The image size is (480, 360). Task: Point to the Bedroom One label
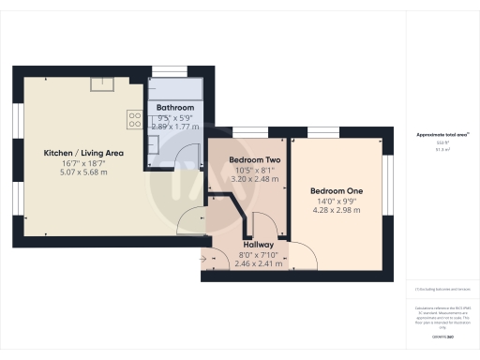point(337,191)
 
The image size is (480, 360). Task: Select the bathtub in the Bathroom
point(175,91)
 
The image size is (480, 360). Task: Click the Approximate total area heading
point(442,136)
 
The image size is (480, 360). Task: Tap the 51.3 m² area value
point(442,148)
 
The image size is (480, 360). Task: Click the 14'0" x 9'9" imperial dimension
point(337,202)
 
